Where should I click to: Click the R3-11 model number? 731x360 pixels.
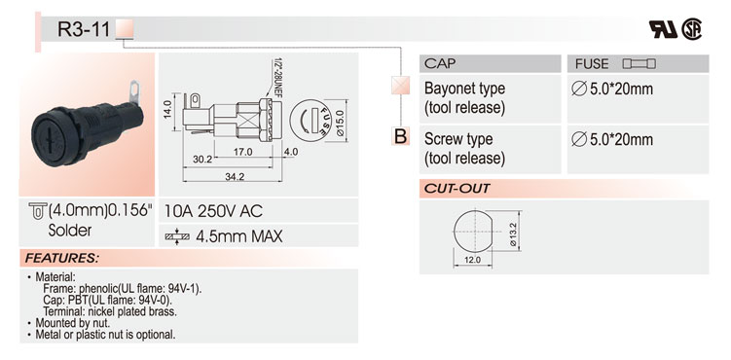coord(84,29)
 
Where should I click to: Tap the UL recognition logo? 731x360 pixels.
coord(664,29)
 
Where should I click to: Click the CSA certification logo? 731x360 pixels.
coord(691,29)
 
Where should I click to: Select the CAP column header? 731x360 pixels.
coord(440,63)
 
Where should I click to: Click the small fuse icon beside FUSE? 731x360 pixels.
coord(640,64)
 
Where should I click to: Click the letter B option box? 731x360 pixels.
coord(400,136)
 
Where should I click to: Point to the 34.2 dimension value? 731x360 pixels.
coord(235,176)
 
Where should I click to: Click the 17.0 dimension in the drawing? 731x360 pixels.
coord(242,152)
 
